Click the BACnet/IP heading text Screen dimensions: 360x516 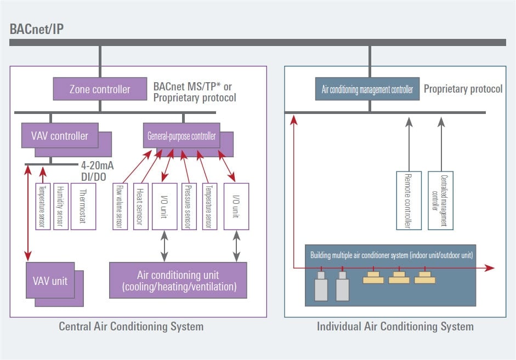coord(37,29)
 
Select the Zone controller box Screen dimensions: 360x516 coord(100,89)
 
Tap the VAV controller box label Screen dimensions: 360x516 coord(60,135)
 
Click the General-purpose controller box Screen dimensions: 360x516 coord(182,135)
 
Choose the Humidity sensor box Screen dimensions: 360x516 coord(61,206)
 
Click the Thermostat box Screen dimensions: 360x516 coord(83,206)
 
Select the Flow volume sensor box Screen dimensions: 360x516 coord(120,206)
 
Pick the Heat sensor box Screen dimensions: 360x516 coord(140,206)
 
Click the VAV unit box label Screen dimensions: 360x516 coord(50,280)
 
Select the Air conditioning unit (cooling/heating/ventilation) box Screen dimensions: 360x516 coord(178,280)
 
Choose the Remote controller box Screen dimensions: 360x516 coord(408,200)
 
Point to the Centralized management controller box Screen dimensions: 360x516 coord(440,200)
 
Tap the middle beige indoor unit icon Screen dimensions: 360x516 coord(399,277)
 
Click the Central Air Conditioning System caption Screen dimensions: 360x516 coord(131,327)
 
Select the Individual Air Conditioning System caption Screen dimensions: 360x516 coord(395,327)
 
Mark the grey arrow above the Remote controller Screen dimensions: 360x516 coord(408,142)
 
